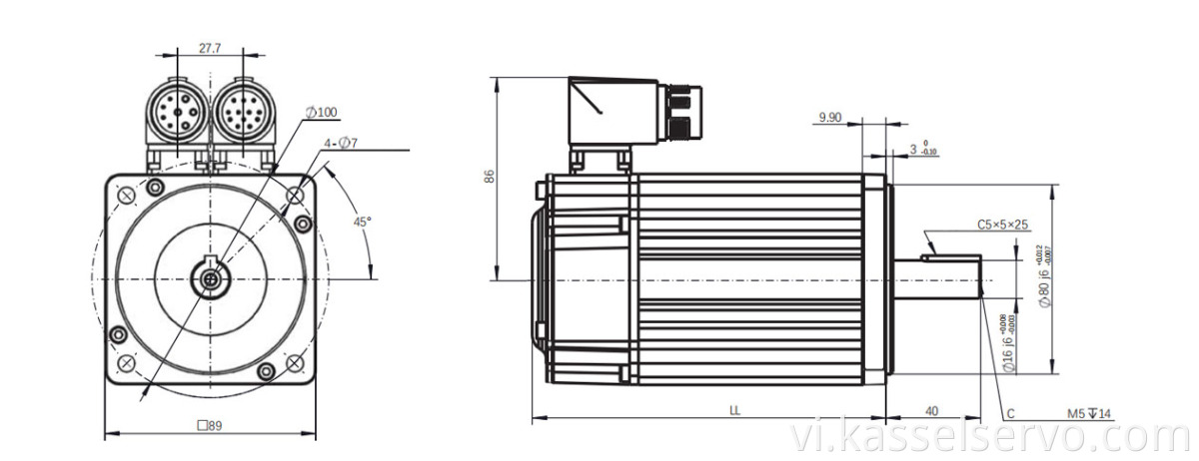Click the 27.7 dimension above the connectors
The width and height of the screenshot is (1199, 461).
pos(210,46)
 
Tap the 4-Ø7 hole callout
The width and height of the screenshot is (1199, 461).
pos(341,144)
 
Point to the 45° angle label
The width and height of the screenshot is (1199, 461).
pos(362,220)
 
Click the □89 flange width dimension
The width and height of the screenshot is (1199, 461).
pos(210,425)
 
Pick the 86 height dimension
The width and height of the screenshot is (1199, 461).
pos(489,176)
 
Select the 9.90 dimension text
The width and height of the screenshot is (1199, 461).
pos(830,118)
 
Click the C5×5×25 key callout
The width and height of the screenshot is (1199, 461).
pos(1002,225)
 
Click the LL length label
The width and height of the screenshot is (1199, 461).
pos(734,410)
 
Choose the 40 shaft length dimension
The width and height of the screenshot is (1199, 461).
pos(931,410)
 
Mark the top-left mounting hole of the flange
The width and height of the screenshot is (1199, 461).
pos(153,188)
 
